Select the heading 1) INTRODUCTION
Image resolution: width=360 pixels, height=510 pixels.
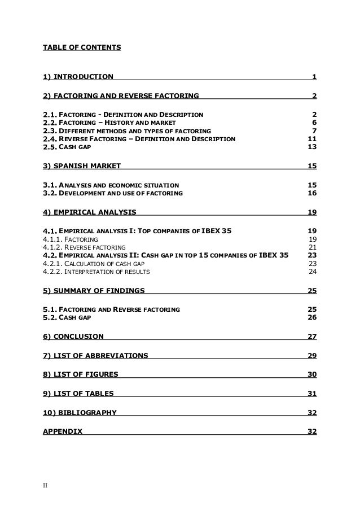click(78, 77)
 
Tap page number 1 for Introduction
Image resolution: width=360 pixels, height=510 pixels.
click(314, 77)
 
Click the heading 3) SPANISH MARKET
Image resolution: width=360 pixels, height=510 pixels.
click(81, 167)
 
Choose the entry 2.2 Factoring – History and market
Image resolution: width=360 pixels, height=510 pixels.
click(110, 123)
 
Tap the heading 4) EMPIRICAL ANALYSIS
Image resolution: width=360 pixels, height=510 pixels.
click(89, 212)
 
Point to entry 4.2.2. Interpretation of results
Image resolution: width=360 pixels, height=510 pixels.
click(96, 272)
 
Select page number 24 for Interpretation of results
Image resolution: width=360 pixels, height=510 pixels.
click(312, 272)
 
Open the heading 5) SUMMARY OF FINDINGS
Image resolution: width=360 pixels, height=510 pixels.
click(94, 291)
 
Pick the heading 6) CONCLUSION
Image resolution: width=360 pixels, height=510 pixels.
click(73, 337)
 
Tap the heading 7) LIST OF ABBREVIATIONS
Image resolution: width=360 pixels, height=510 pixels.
click(96, 356)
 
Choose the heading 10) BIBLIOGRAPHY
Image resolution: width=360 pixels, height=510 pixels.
click(80, 412)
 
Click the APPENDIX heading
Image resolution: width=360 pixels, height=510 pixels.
click(62, 431)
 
